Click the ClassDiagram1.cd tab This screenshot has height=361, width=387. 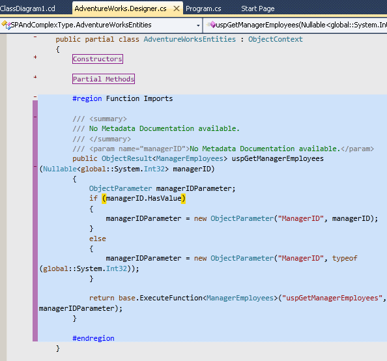[x=27, y=8]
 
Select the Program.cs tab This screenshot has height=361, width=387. [x=203, y=8]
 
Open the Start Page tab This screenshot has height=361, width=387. [x=257, y=8]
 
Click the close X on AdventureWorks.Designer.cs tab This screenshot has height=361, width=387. [x=177, y=8]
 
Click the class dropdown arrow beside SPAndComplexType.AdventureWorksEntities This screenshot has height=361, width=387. [x=198, y=25]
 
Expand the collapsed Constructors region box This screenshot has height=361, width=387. [x=98, y=59]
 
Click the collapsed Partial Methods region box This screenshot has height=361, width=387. [x=104, y=79]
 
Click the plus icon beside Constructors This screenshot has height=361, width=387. [x=35, y=57]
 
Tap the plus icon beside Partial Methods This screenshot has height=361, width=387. [x=35, y=77]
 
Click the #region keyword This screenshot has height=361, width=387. [x=87, y=98]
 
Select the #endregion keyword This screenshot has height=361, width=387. [x=93, y=338]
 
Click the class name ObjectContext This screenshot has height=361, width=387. [x=275, y=39]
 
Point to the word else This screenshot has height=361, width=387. [x=98, y=238]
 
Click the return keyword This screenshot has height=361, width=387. [x=102, y=298]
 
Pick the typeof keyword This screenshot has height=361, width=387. [x=345, y=258]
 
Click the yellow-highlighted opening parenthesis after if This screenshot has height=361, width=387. [x=104, y=199]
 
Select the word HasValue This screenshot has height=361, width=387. [x=165, y=198]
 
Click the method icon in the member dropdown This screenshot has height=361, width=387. [x=212, y=25]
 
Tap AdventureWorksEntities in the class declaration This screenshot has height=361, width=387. [x=190, y=39]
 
